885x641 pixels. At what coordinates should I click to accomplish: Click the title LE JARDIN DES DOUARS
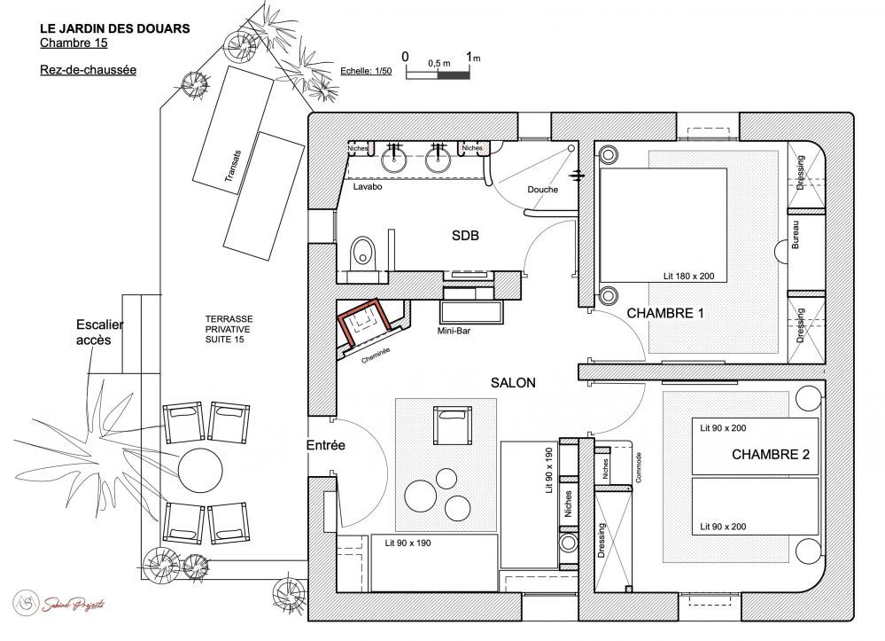[x=114, y=28]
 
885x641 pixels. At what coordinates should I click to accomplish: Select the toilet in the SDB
[x=363, y=252]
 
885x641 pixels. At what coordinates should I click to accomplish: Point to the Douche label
[x=542, y=189]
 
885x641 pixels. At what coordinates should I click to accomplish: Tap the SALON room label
[x=513, y=382]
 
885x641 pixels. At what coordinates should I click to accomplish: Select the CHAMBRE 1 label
[x=664, y=313]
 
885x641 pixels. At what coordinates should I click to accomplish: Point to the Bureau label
[x=796, y=233]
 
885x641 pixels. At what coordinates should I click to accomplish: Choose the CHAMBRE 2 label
[x=770, y=455]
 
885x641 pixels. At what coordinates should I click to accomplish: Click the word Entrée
[x=325, y=446]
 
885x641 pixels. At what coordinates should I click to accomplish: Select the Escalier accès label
[x=98, y=332]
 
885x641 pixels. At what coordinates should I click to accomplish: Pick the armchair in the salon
[x=453, y=423]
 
